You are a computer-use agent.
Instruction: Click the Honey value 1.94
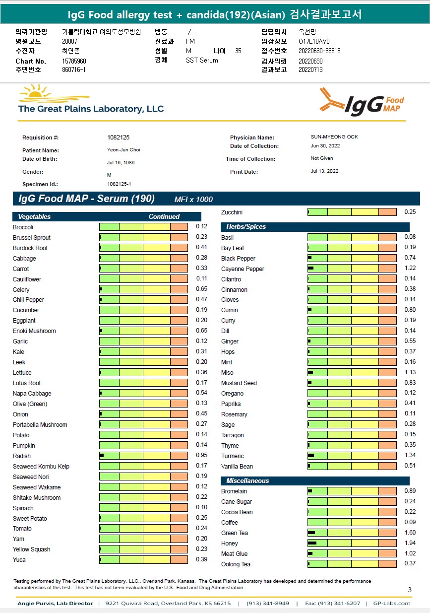pyautogui.click(x=410, y=544)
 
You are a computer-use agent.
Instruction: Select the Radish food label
pyautogui.click(x=22, y=456)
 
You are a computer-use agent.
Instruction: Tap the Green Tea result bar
pyautogui.click(x=352, y=533)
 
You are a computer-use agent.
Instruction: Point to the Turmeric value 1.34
pyautogui.click(x=410, y=456)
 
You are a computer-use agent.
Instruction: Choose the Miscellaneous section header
pyautogui.click(x=247, y=481)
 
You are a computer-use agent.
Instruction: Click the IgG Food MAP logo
pyautogui.click(x=362, y=102)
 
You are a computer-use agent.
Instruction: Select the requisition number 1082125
pyautogui.click(x=118, y=137)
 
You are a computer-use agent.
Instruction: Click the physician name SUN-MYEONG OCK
pyautogui.click(x=331, y=137)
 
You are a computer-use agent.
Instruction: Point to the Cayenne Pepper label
pyautogui.click(x=243, y=269)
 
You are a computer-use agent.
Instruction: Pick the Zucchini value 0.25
pyautogui.click(x=410, y=212)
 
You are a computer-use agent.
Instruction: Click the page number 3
pyautogui.click(x=410, y=590)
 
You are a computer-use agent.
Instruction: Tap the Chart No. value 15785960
pyautogui.click(x=74, y=61)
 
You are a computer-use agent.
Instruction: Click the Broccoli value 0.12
pyautogui.click(x=201, y=226)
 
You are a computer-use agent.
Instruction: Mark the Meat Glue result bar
pyautogui.click(x=352, y=554)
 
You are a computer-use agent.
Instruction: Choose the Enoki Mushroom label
pyautogui.click(x=34, y=331)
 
